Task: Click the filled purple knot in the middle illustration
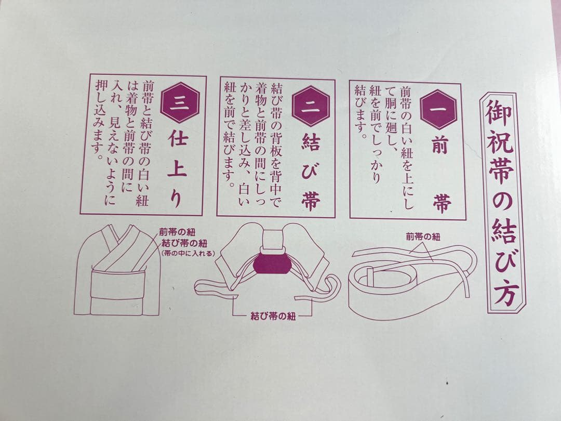[273, 261]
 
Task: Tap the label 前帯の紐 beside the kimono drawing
[178, 234]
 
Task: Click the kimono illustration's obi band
[117, 283]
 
